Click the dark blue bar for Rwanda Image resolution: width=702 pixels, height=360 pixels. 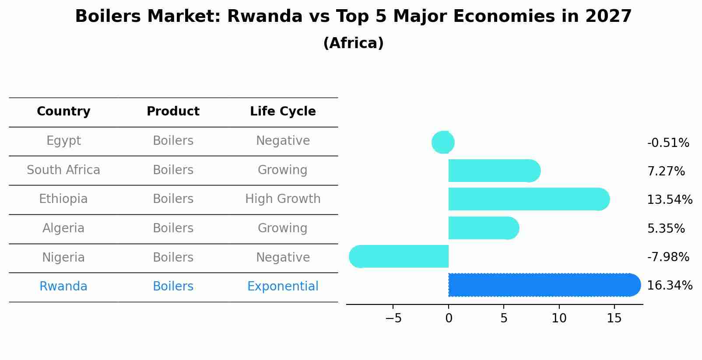(543, 285)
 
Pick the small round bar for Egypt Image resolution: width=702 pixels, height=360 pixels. (443, 142)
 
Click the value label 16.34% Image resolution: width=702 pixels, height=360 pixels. (669, 286)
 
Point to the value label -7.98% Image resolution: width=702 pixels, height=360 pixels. (668, 257)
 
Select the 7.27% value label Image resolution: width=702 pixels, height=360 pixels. (666, 171)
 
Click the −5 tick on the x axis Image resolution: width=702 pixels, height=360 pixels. (393, 318)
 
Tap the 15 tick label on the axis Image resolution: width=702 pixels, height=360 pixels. (614, 318)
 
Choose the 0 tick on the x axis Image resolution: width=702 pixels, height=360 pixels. (449, 318)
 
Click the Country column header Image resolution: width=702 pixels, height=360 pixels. (63, 112)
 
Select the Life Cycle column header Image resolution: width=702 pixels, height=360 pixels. (283, 112)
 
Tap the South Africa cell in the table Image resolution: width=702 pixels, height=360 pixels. (63, 170)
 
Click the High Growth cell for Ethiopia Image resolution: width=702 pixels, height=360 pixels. (283, 199)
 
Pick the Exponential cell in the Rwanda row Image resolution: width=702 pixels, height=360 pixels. (283, 287)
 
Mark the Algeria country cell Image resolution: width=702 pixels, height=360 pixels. (63, 228)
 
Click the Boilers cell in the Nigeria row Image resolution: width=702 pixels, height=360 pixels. (173, 257)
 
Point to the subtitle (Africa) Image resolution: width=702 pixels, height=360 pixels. (353, 43)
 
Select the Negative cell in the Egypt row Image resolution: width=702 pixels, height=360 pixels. (283, 141)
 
